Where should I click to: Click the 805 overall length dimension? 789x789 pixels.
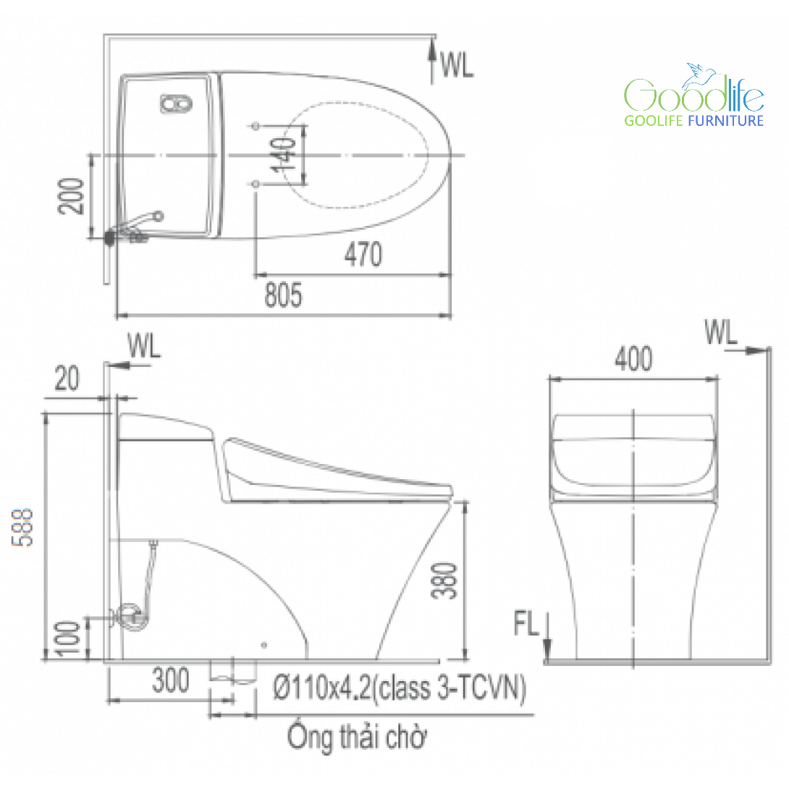pyautogui.click(x=283, y=295)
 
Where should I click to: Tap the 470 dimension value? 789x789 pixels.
pyautogui.click(x=363, y=255)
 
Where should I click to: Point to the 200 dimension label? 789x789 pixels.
pyautogui.click(x=72, y=196)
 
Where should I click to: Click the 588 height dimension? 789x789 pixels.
pyautogui.click(x=22, y=527)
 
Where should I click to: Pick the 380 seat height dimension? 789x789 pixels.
pyautogui.click(x=445, y=581)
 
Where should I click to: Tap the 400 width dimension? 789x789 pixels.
pyautogui.click(x=633, y=359)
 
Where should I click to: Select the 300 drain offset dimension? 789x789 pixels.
pyautogui.click(x=171, y=680)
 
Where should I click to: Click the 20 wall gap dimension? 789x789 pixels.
pyautogui.click(x=67, y=379)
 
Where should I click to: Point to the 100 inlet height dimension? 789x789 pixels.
pyautogui.click(x=69, y=639)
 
